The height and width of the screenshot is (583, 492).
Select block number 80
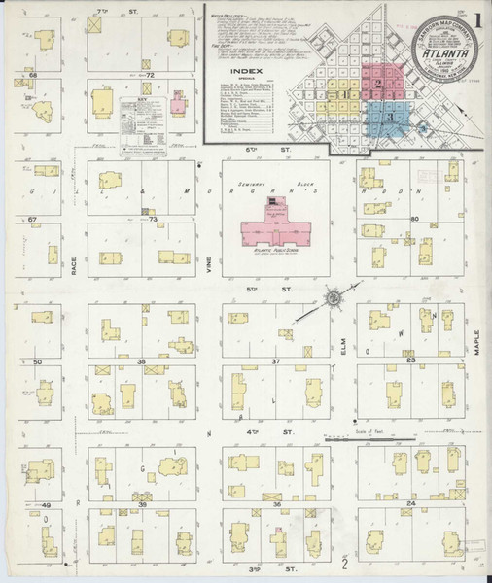pos(413,220)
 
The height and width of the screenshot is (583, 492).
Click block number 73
pos(153,220)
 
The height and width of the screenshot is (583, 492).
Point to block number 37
pos(276,361)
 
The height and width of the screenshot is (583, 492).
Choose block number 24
pos(410,504)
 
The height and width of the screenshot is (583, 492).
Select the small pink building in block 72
pos(178,103)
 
